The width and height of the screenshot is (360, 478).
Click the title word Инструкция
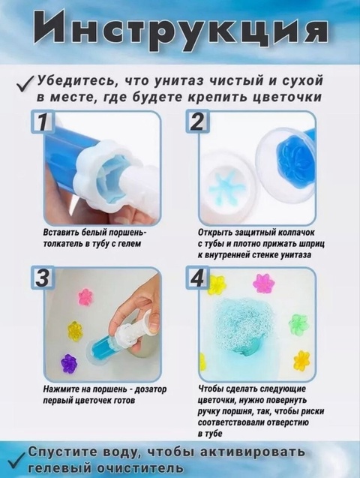180,31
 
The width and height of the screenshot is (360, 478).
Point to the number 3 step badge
43,278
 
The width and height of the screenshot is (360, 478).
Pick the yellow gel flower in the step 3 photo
75,329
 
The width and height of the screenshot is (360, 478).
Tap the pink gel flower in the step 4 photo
263,283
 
